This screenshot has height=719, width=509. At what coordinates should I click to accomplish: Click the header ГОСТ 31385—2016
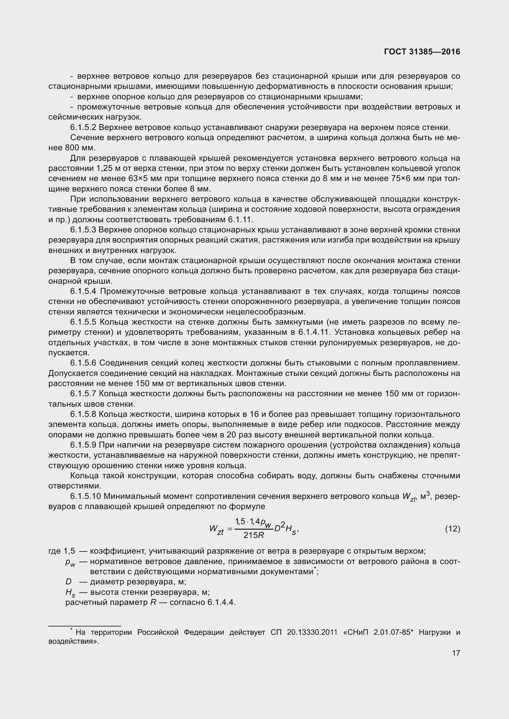tap(422, 52)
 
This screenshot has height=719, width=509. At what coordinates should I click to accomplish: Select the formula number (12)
tap(452, 529)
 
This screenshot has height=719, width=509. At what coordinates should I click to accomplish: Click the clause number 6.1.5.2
tap(83, 128)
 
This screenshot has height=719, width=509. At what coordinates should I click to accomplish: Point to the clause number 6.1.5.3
tap(83, 230)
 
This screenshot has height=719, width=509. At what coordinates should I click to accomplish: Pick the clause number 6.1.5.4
tap(83, 291)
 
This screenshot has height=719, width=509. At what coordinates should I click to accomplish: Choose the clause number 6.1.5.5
tap(83, 322)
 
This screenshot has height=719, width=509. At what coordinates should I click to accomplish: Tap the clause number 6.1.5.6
tap(83, 363)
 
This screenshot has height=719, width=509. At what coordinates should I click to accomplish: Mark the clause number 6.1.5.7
tap(83, 394)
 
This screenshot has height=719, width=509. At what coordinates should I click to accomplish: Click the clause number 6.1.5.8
tap(83, 414)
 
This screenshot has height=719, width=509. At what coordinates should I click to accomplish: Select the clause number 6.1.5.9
tap(83, 445)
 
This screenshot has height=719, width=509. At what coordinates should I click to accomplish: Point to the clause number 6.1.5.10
tap(86, 496)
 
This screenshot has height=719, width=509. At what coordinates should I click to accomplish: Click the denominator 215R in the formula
tap(254, 535)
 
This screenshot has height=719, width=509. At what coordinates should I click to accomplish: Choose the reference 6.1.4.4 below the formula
tap(221, 602)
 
